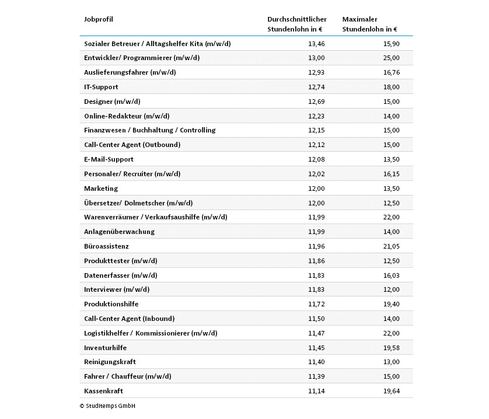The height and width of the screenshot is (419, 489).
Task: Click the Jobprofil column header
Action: [99, 19]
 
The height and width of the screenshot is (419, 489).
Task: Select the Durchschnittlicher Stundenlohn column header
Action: [296, 24]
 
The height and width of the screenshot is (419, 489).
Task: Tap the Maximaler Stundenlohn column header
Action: [369, 24]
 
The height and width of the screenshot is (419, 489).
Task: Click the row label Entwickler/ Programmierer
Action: [142, 58]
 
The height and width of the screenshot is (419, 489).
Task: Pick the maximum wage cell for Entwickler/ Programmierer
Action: [392, 58]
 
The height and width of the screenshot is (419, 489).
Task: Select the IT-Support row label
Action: [101, 87]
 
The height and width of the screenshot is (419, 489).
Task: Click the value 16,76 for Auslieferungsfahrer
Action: [392, 72]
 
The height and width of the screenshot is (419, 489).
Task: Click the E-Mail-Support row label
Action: [109, 159]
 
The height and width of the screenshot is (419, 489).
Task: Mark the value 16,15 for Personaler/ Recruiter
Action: [392, 174]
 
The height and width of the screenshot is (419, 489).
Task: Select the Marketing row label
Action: [101, 188]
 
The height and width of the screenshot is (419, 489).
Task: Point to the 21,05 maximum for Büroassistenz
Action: [392, 246]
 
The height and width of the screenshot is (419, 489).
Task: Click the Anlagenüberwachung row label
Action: [119, 232]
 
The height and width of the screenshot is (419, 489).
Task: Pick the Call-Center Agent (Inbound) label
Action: [129, 319]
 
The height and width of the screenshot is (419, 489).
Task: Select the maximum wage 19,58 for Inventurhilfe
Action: [392, 348]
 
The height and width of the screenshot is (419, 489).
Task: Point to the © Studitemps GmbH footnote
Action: [107, 406]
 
